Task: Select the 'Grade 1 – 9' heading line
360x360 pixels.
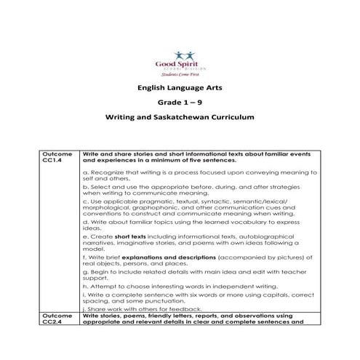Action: [179, 101]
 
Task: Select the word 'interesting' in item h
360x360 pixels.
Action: [163, 285]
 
